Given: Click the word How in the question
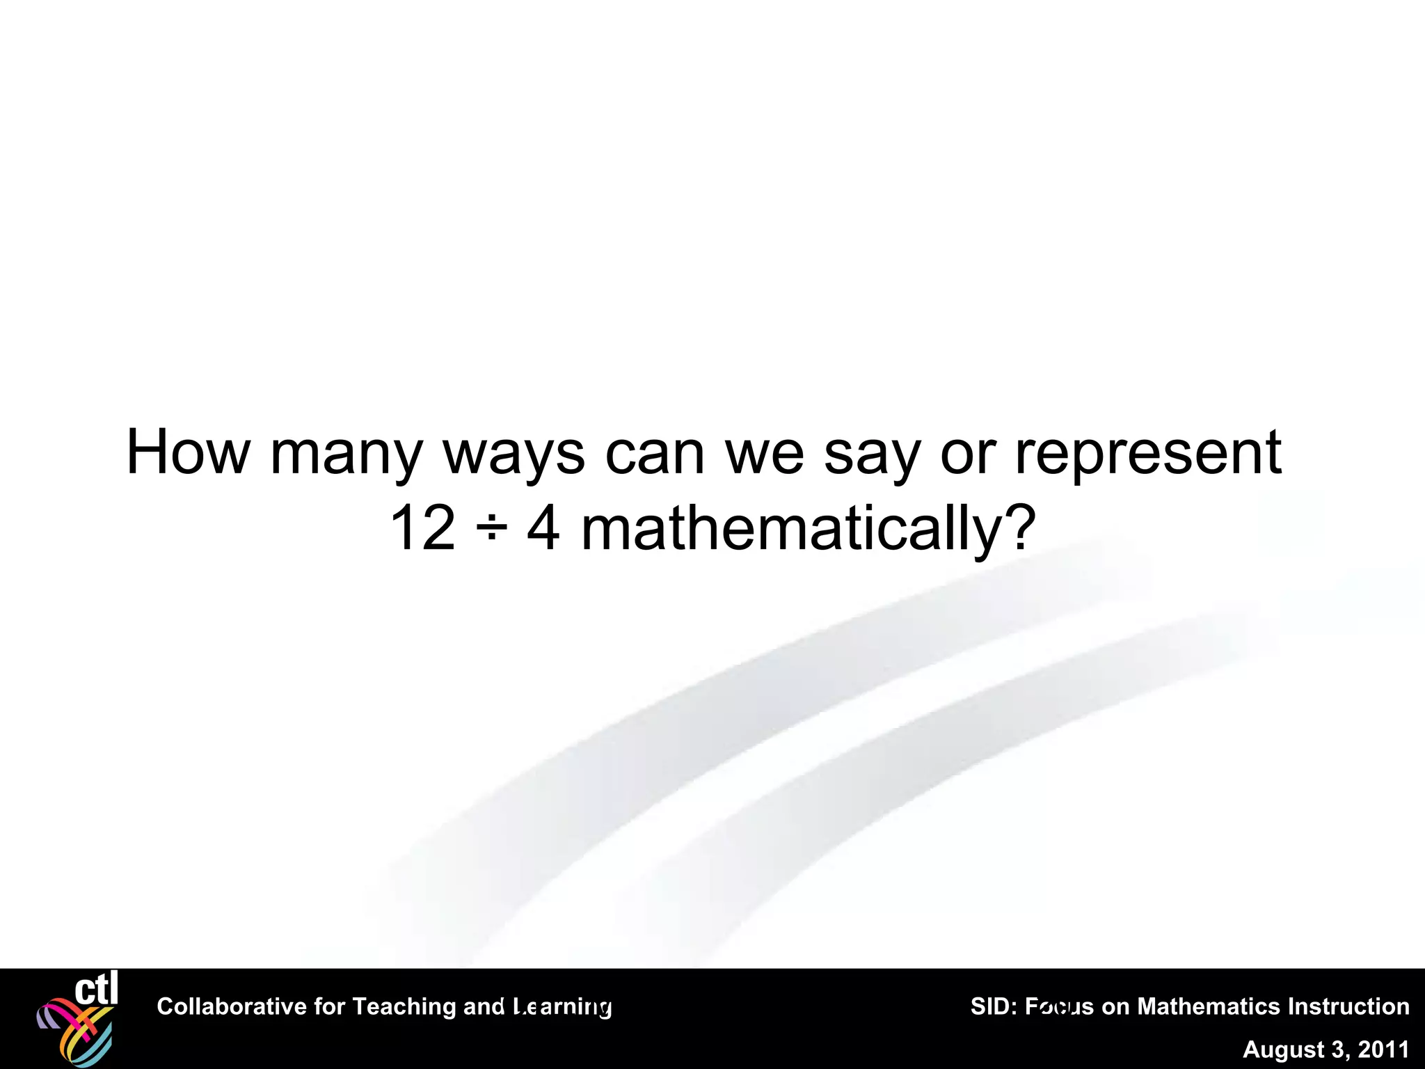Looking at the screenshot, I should pos(186,452).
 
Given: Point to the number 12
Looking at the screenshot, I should pos(422,529).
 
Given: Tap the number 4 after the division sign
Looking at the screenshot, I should pos(543,529).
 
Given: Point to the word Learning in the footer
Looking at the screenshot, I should pos(562,1006).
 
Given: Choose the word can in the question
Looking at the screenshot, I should pos(655,454).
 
